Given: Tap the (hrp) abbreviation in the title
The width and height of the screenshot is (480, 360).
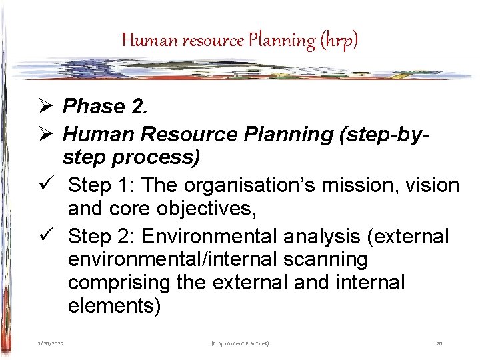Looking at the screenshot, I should (339, 41).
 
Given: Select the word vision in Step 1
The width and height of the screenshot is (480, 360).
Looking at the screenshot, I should (431, 185).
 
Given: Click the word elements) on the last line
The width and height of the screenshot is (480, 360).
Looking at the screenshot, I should (114, 306).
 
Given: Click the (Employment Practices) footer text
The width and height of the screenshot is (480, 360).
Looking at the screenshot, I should (239, 343).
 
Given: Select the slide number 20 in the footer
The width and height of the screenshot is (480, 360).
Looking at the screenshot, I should (439, 343).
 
